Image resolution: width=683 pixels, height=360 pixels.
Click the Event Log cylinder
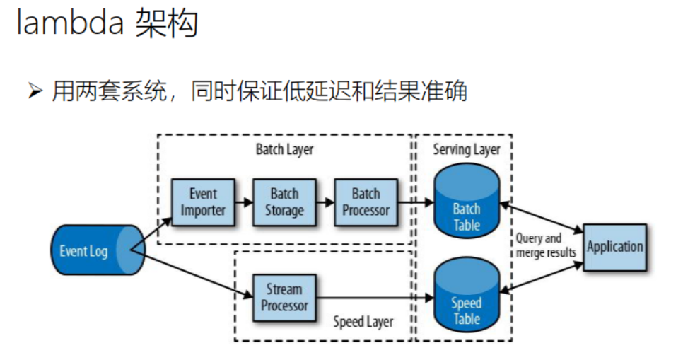point(89,250)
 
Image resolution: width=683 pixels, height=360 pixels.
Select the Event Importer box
point(203,202)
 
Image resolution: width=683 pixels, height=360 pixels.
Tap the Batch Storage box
point(284,202)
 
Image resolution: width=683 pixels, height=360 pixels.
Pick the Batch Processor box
point(366,202)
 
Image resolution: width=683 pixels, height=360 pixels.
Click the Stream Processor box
point(284,297)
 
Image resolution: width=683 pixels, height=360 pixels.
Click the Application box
point(614,247)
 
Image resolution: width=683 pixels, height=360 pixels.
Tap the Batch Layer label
point(284,150)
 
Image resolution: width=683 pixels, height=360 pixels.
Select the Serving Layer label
point(466,150)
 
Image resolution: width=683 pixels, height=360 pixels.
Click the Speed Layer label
point(363,322)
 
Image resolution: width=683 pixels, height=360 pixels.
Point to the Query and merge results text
point(546,245)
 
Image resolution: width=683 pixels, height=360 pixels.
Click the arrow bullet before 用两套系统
point(36,92)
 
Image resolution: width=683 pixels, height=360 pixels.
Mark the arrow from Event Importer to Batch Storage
point(243,202)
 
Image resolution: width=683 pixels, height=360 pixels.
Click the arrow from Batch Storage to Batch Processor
point(325,202)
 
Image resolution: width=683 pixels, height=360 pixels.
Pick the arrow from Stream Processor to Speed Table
point(375,297)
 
